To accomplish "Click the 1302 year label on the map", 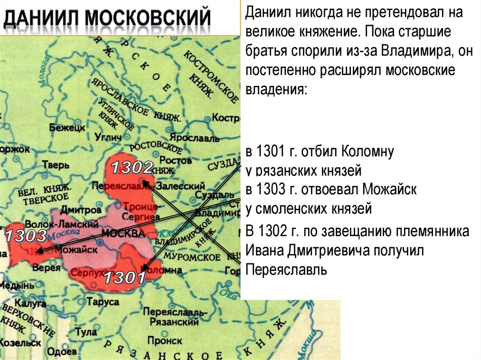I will [x=132, y=168].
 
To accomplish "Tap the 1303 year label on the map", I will [x=26, y=235].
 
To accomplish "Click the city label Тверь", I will [x=56, y=165].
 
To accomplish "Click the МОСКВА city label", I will [x=123, y=234].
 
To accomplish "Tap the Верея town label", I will [x=47, y=268].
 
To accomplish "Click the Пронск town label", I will [x=164, y=340].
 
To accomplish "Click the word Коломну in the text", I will [x=367, y=152].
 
